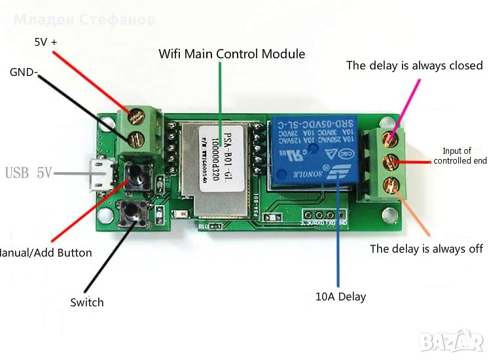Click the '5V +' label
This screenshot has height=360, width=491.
[46, 42]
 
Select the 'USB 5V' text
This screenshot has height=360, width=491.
[28, 173]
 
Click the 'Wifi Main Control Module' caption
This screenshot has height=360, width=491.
[232, 54]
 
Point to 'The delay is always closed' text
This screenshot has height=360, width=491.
[414, 65]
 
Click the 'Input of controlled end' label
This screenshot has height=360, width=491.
[460, 156]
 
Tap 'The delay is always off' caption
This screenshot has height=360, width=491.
[426, 248]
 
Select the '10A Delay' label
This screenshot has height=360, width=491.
[340, 297]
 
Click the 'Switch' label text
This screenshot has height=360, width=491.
[87, 302]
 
